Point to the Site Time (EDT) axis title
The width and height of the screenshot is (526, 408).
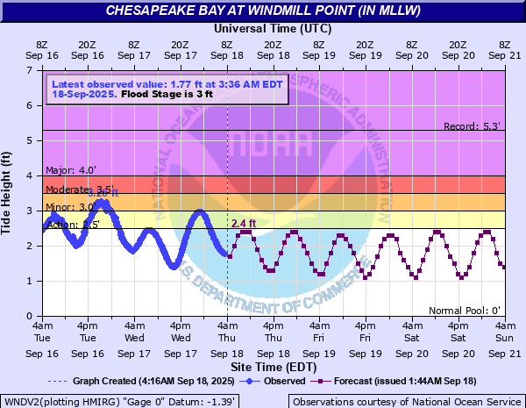pyautogui.click(x=273, y=366)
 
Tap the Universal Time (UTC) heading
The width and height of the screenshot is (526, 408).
pyautogui.click(x=273, y=28)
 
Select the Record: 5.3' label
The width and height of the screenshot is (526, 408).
pyautogui.click(x=473, y=126)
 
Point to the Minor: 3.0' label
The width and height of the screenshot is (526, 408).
pyautogui.click(x=65, y=206)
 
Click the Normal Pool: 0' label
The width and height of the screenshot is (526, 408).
pyautogui.click(x=465, y=311)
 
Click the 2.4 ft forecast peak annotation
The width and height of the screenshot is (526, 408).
pyautogui.click(x=244, y=224)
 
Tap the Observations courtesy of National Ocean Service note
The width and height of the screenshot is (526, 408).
pyautogui.click(x=407, y=401)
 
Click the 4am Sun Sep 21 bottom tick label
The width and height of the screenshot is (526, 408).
pyautogui.click(x=503, y=337)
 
